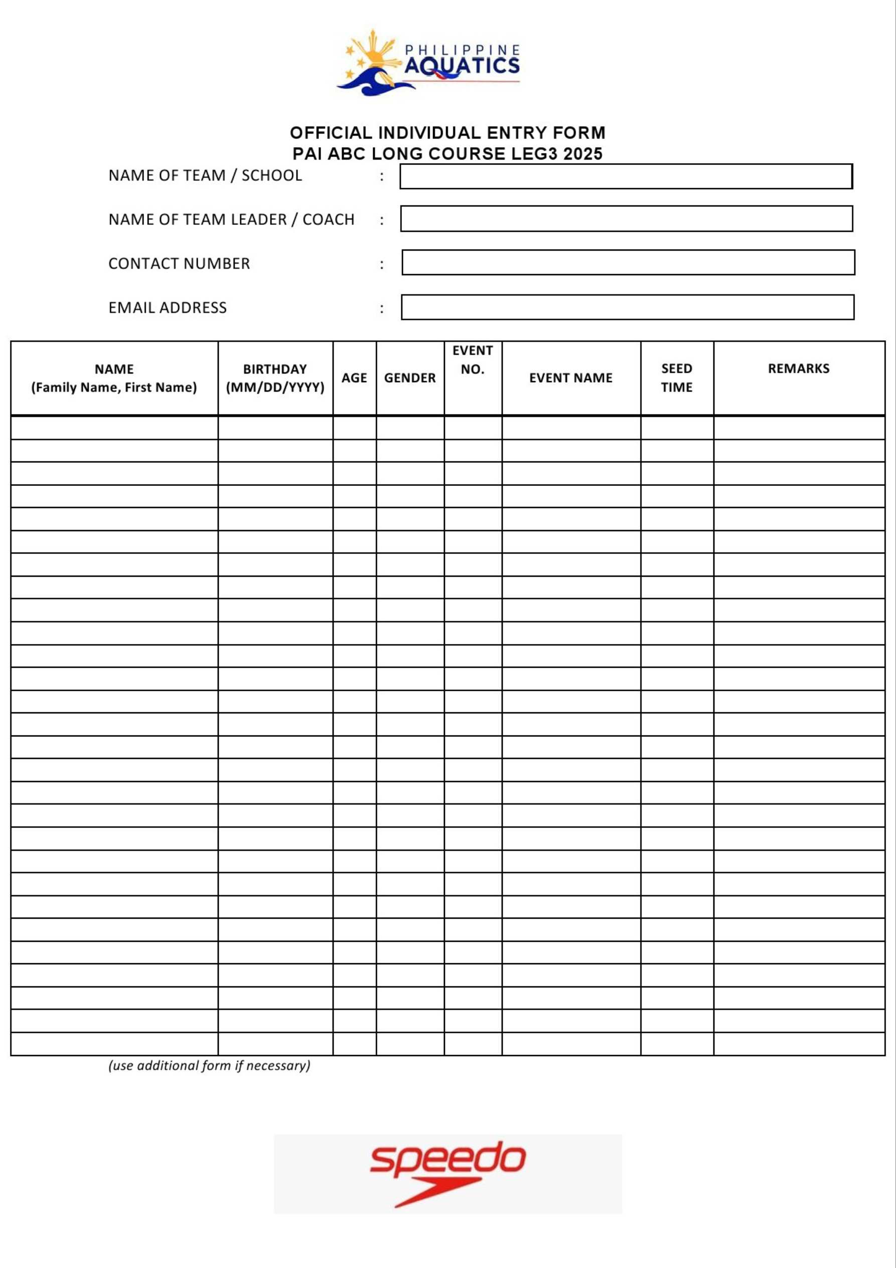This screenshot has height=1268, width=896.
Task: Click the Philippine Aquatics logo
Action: point(429,62)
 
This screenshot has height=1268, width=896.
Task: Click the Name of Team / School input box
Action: point(626,176)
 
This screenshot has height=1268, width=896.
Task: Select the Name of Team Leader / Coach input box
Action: point(626,219)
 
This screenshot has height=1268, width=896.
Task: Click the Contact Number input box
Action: point(628,263)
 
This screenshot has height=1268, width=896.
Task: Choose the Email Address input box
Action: point(627,307)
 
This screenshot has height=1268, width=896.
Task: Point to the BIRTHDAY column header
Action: point(275,378)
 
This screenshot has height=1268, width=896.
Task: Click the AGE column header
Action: point(354,378)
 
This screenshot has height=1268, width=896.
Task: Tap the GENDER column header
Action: point(410,378)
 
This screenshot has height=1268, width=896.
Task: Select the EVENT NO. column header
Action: point(473,360)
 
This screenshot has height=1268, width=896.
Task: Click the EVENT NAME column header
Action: point(571,378)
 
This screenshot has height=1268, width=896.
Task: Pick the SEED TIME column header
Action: point(676,378)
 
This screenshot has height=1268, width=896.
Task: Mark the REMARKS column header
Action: point(798,369)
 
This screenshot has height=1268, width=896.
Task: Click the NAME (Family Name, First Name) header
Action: point(114,378)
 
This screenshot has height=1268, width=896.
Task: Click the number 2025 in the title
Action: point(582,154)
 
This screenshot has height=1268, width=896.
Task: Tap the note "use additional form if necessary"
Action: point(209,1065)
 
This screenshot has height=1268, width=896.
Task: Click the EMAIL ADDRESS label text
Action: point(167,308)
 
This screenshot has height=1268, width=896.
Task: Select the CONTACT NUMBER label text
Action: point(179,264)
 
